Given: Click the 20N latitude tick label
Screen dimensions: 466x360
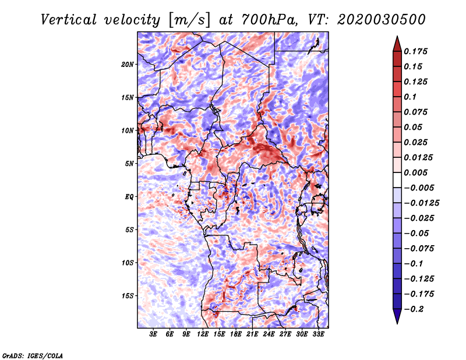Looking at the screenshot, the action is coord(128,64).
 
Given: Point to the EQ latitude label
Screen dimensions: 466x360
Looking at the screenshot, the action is coord(129,196).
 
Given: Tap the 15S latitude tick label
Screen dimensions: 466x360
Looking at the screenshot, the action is coord(128,295).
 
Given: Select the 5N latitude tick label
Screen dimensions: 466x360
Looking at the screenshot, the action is coord(129,164).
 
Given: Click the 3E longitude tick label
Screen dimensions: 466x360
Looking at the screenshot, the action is coord(153,334).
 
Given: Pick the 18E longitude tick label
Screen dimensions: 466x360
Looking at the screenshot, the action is coord(236,334).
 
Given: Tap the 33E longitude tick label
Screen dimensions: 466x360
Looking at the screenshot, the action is coord(318,334).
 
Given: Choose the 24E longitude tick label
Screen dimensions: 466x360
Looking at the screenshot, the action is coord(269,334).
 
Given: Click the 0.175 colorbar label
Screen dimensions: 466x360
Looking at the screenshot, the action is coord(415,51).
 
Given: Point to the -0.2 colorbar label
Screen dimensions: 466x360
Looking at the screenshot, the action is coord(414,309).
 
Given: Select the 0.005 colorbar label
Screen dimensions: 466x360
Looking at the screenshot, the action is coord(415,172).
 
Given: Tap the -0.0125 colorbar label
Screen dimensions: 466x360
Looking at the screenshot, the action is coord(421,203).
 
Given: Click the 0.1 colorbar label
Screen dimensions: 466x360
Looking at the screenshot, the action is coord(410,97).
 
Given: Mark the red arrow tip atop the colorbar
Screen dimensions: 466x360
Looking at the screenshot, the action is coord(397,37).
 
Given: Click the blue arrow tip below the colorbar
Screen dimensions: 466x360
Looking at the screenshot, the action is coord(397,323).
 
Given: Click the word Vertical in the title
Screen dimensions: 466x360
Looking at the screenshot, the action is coord(69,20).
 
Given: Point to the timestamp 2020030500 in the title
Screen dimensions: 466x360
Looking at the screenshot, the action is coord(382,20).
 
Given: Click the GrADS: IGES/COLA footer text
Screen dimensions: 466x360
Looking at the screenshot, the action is coord(33,355).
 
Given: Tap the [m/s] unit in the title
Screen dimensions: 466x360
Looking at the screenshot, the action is coord(189,20).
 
